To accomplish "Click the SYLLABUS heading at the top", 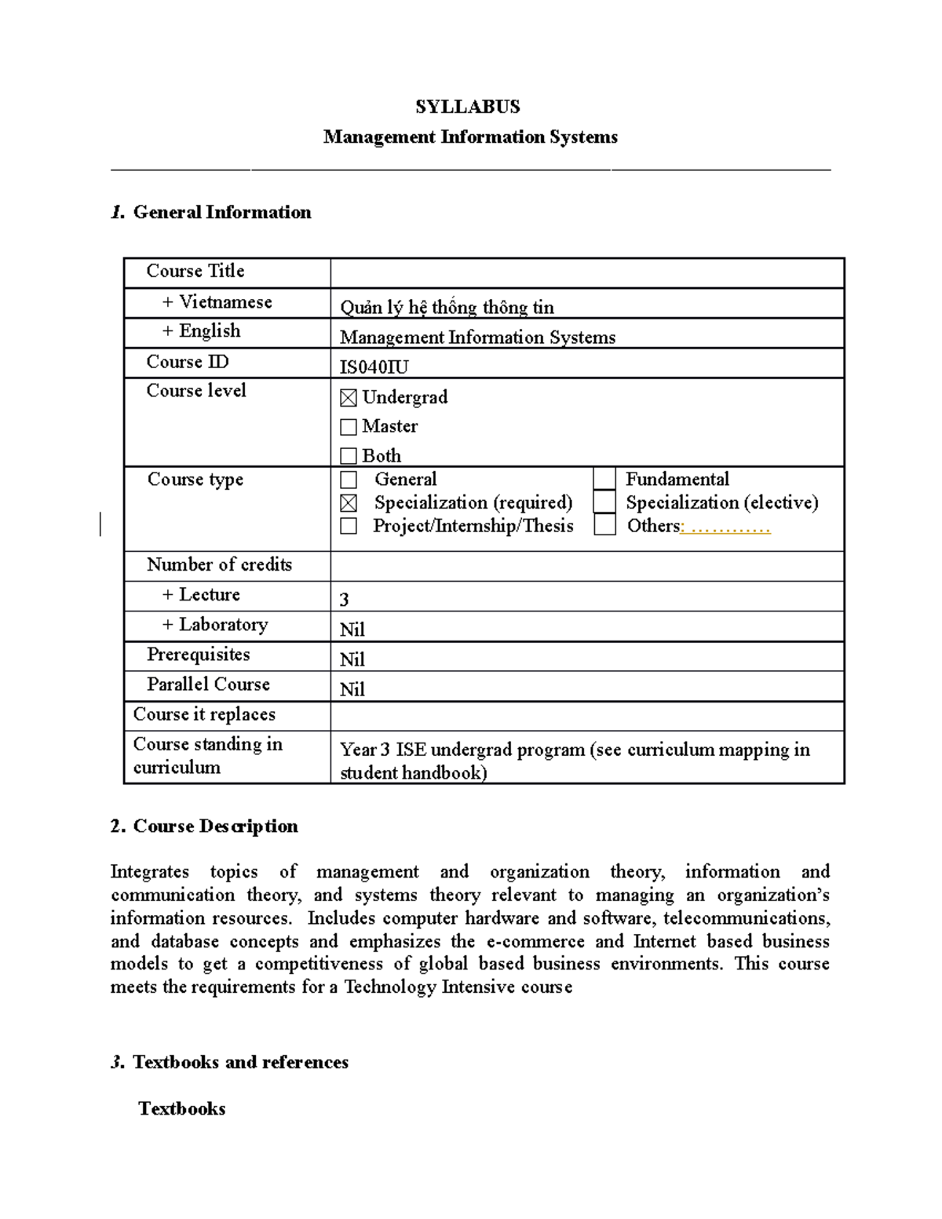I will pyautogui.click(x=467, y=107).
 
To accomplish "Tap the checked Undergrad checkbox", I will pyautogui.click(x=349, y=399).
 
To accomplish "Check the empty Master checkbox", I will pyautogui.click(x=349, y=427).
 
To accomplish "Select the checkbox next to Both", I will pyautogui.click(x=349, y=456).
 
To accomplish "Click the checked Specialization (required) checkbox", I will pyautogui.click(x=349, y=503).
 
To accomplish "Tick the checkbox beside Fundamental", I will pyautogui.click(x=604, y=479).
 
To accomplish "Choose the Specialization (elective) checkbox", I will pyautogui.click(x=604, y=502).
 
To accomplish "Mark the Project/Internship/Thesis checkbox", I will pyautogui.click(x=349, y=526).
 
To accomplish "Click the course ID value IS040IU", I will pyautogui.click(x=374, y=367).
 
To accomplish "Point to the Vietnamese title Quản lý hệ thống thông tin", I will pyautogui.click(x=447, y=307).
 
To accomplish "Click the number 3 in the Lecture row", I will pyautogui.click(x=344, y=600).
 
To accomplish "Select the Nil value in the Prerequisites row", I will pyautogui.click(x=352, y=659).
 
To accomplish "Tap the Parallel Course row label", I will pyautogui.click(x=208, y=684).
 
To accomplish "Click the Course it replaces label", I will pyautogui.click(x=204, y=714).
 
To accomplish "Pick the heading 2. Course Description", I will pyautogui.click(x=204, y=826).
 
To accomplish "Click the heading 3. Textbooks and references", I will pyautogui.click(x=229, y=1062).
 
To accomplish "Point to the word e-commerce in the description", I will pyautogui.click(x=535, y=941).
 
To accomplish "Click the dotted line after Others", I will pyautogui.click(x=727, y=527).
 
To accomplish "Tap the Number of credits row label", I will pyautogui.click(x=219, y=564).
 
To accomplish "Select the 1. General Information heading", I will pyautogui.click(x=211, y=212).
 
